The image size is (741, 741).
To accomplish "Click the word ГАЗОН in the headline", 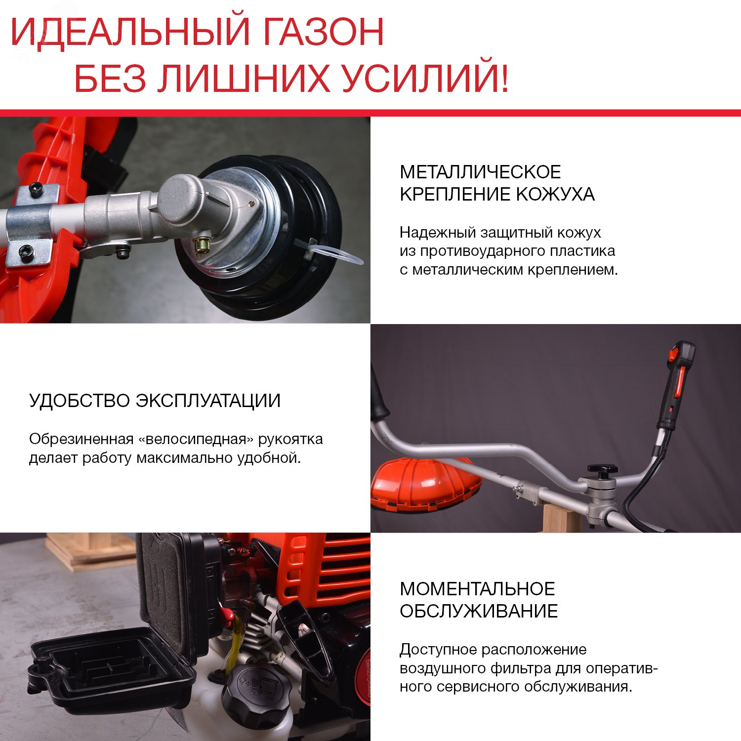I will (x=323, y=32).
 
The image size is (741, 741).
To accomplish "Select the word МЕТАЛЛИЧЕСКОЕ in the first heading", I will (x=480, y=172).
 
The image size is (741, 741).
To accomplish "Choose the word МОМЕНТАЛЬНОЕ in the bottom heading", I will (x=477, y=589).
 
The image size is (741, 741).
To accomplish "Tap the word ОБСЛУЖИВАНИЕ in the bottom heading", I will (x=479, y=611).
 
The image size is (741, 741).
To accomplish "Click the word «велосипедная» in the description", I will (x=196, y=439).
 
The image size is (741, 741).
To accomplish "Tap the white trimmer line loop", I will (x=336, y=254).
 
